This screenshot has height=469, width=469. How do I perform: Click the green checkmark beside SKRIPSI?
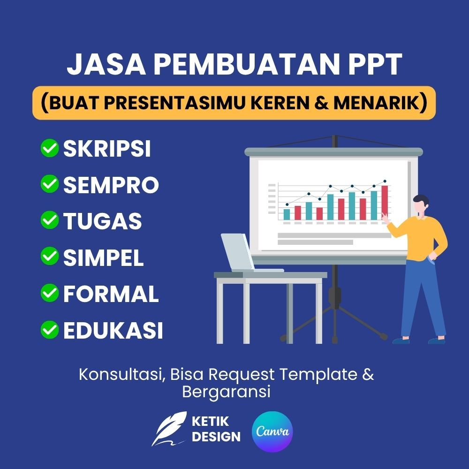pos(49,149)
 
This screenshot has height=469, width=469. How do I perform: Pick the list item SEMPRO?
pos(111,185)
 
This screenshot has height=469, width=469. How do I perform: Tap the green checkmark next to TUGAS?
pos(49,220)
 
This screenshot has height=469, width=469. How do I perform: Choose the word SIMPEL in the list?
pos(103,257)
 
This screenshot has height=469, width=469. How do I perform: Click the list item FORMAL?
pos(111,294)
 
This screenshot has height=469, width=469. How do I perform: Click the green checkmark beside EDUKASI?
pos(49,330)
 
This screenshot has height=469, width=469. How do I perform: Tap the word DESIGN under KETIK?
pos(216,437)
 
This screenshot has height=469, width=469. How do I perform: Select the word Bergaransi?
pos(226,392)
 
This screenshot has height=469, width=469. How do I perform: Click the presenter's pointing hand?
pos(385,218)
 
